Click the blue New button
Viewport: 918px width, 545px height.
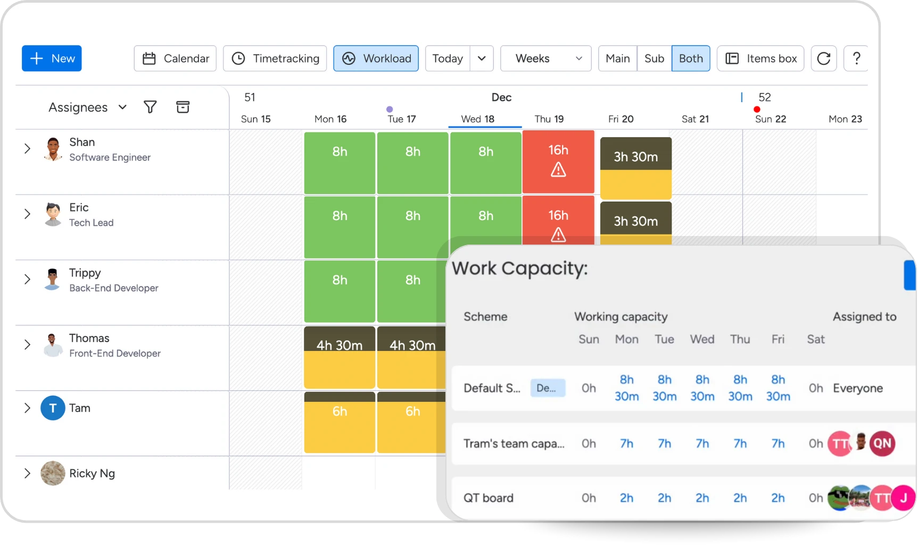point(52,58)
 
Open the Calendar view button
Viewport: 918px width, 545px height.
point(175,58)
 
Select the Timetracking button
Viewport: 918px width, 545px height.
point(275,58)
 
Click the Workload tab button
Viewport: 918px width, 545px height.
point(376,58)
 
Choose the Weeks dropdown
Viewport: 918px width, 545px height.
point(545,58)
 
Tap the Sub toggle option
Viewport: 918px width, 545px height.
point(654,58)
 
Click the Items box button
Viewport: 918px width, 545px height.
point(760,58)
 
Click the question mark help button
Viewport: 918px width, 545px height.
point(856,58)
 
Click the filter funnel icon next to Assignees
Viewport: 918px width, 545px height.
point(150,107)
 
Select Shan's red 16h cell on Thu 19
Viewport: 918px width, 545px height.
point(558,162)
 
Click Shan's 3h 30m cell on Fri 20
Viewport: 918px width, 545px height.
point(635,167)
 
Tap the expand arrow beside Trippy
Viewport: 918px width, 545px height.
point(27,280)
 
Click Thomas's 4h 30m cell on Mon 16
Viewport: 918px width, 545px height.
point(340,357)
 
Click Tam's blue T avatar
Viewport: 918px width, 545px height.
point(53,408)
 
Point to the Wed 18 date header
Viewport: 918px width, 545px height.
point(477,119)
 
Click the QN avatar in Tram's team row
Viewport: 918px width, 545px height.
point(882,443)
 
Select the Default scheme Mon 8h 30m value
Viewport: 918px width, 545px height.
point(626,388)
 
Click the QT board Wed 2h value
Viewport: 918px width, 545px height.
point(702,498)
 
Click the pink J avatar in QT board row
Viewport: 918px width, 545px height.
point(903,498)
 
